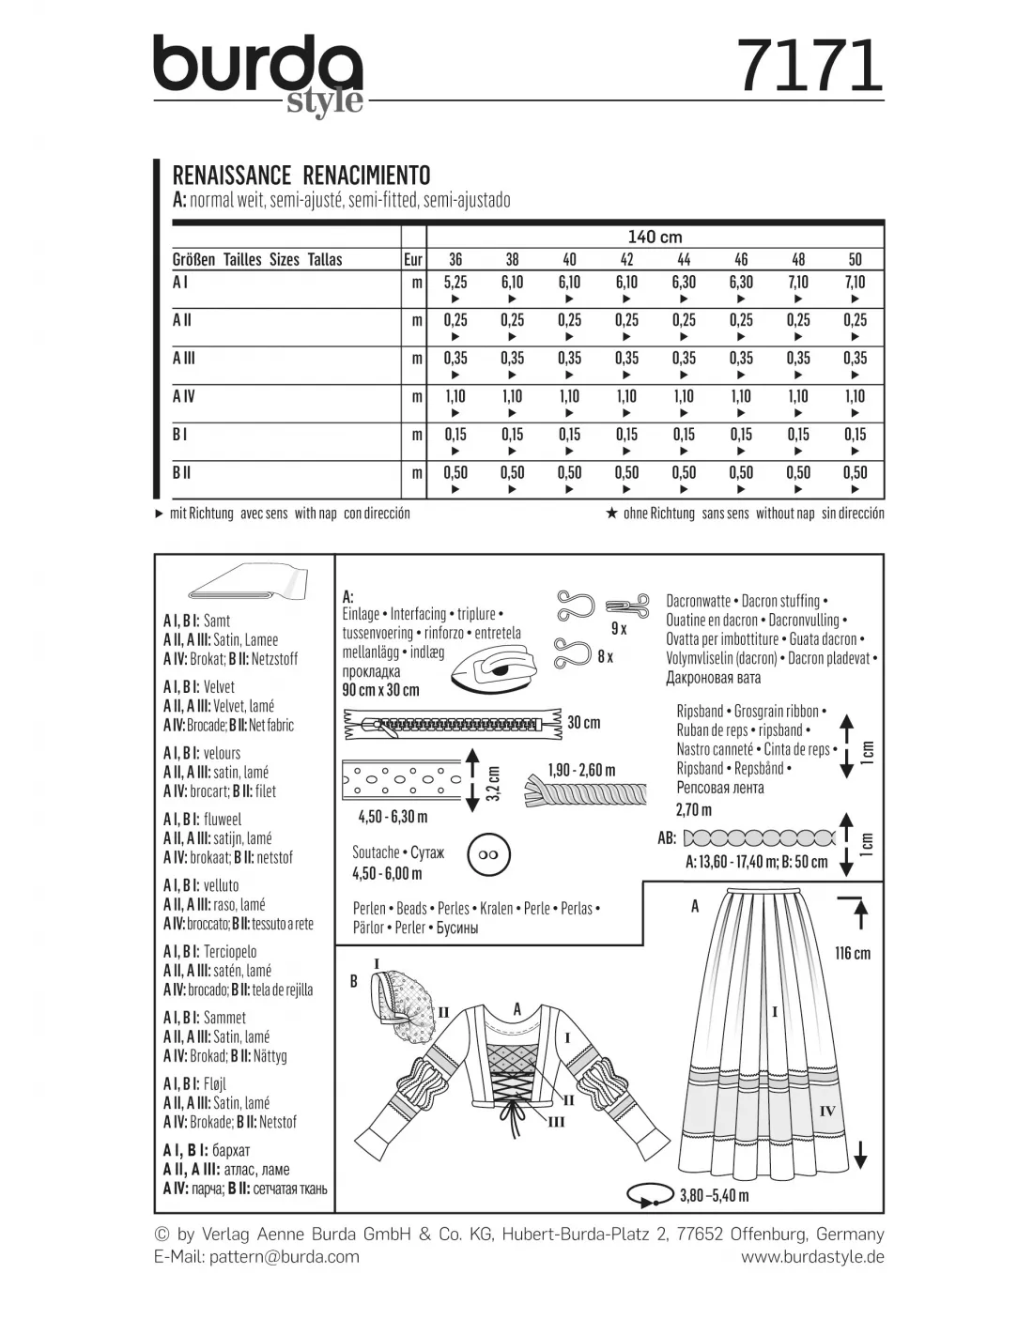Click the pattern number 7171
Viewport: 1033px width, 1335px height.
(x=809, y=67)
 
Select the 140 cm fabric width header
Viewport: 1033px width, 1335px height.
(x=655, y=237)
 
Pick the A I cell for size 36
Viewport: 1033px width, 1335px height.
(x=455, y=283)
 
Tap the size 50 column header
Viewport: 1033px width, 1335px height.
(x=855, y=259)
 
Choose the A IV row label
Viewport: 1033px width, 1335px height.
(x=184, y=397)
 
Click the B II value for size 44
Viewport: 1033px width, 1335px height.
(x=684, y=473)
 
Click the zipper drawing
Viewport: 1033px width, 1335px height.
(x=451, y=724)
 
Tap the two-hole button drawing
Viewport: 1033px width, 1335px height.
(x=486, y=855)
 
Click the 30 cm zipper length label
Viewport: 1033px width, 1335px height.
(x=583, y=723)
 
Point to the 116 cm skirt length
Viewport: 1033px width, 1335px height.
(x=852, y=953)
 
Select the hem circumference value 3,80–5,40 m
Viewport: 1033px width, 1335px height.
(x=714, y=1195)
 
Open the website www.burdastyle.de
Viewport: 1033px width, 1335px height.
(x=812, y=1257)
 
